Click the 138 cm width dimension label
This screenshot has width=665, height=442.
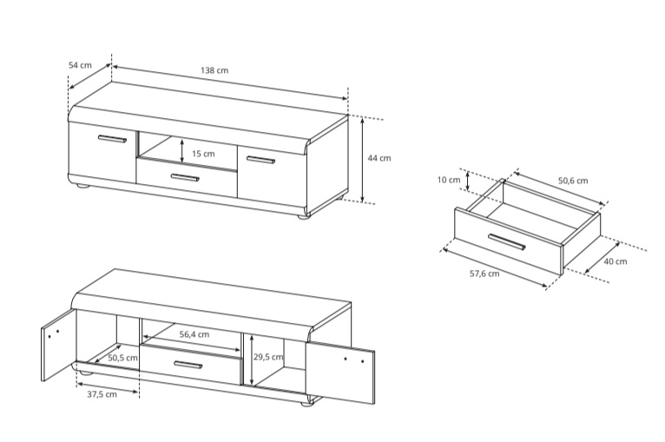coord(214,70)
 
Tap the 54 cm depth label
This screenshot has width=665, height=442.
coord(80,65)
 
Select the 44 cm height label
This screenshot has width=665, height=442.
coord(379,158)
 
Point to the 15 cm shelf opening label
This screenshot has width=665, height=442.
coord(203,154)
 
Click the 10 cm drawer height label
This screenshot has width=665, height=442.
coord(449,180)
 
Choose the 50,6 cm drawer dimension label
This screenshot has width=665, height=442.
coord(573,181)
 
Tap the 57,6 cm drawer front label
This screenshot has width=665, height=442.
coord(484,274)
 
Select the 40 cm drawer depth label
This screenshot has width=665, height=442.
coord(615,261)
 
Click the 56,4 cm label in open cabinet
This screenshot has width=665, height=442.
coord(194,334)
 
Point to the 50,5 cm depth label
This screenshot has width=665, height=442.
coord(122,358)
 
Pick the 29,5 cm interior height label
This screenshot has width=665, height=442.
coord(268,357)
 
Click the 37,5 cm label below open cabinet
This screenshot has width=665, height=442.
coord(102,394)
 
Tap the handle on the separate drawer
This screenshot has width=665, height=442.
coord(507,241)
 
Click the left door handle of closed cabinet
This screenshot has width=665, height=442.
coord(112,139)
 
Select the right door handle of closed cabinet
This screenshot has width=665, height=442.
coord(260,160)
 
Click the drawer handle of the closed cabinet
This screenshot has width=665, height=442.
coord(185,177)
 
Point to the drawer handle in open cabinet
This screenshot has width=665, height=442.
coord(188,365)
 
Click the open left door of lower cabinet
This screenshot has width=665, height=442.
coord(58,345)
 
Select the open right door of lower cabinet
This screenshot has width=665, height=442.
coord(340,372)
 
